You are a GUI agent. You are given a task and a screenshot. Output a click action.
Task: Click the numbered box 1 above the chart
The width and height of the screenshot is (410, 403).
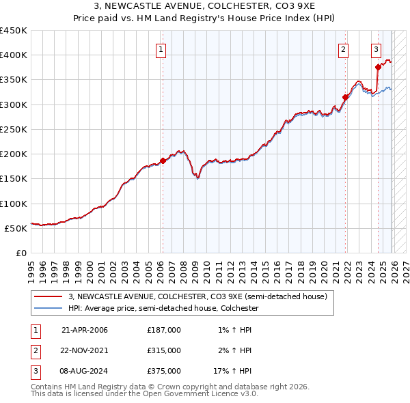[x=161, y=48]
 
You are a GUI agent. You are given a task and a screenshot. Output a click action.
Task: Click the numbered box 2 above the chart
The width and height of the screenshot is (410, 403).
[x=342, y=48]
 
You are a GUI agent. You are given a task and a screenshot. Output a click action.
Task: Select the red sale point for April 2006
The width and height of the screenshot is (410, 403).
[x=163, y=161]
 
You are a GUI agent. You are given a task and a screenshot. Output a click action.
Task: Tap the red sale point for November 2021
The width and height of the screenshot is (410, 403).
[x=346, y=98]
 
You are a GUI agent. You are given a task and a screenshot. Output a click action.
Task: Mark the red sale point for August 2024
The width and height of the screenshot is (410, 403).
[x=378, y=67]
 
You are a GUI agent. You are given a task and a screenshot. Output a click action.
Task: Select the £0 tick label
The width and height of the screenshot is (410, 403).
[x=20, y=253]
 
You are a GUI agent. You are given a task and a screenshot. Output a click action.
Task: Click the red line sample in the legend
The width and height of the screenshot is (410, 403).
[x=48, y=296]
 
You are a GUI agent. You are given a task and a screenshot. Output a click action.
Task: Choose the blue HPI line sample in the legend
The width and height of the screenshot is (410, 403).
[x=48, y=308]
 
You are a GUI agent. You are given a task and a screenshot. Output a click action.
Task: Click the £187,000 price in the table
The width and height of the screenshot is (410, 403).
[x=163, y=329]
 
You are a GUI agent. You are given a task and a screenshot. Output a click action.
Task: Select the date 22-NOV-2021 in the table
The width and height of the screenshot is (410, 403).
[x=85, y=350]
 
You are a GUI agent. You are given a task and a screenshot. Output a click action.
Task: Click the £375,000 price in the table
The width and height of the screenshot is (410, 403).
[x=163, y=371]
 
